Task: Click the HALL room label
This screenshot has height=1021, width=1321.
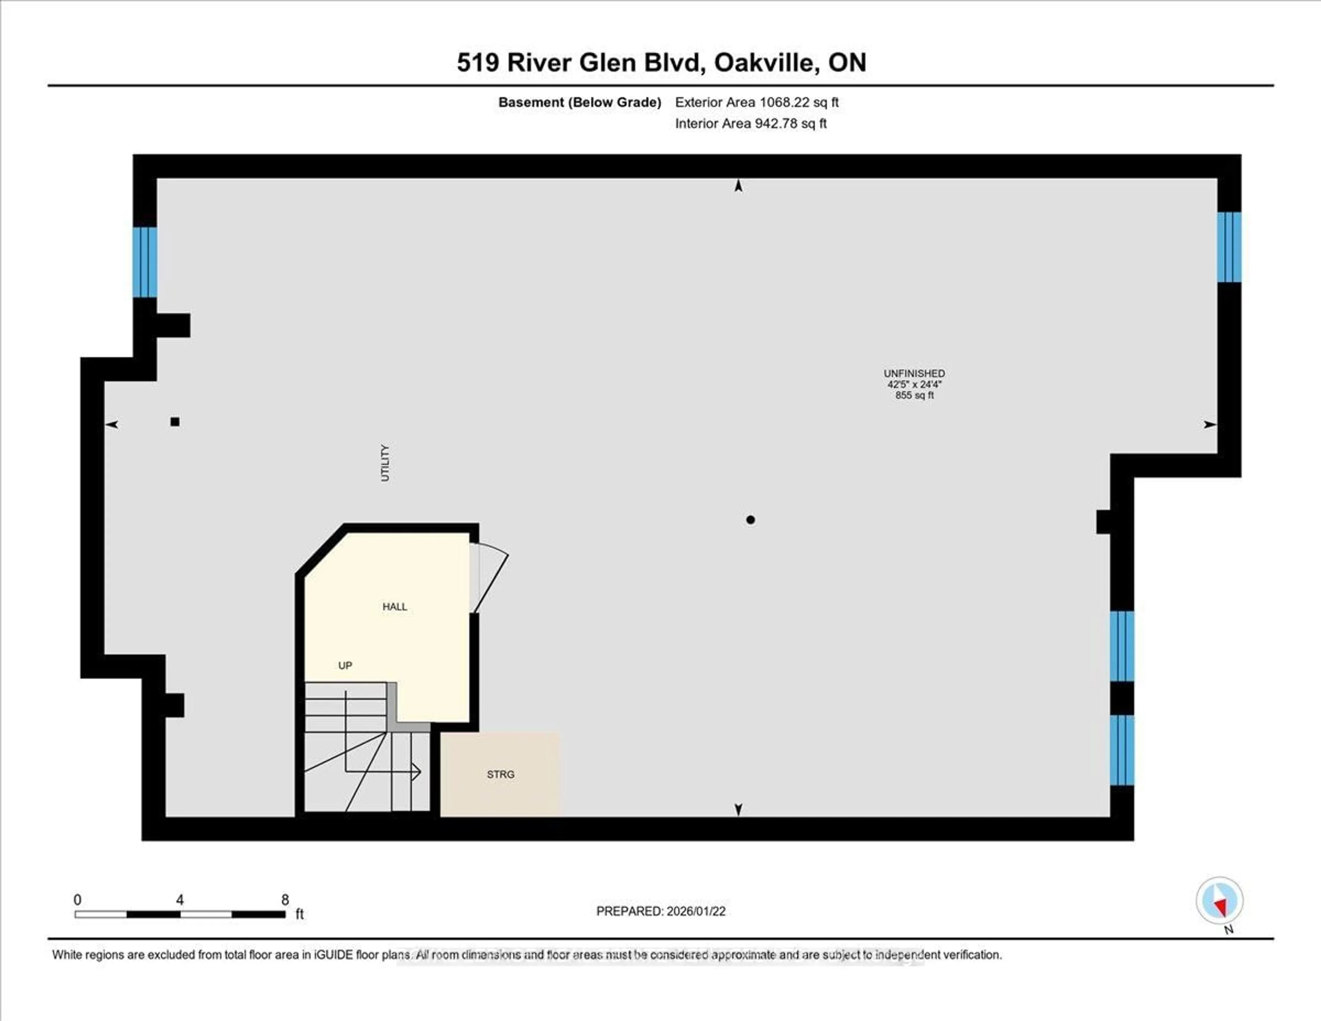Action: (394, 607)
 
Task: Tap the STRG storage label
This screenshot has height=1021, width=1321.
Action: (500, 774)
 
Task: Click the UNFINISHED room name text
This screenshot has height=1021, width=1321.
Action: (914, 373)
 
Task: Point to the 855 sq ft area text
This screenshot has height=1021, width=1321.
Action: (914, 395)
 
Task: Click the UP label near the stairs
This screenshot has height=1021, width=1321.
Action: (345, 665)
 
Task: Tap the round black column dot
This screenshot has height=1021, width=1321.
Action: (750, 519)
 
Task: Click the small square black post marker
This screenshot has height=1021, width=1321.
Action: (175, 422)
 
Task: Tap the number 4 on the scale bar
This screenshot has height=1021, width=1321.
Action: (180, 900)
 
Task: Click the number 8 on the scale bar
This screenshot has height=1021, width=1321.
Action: (285, 900)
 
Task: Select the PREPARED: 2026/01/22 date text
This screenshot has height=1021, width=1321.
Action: (660, 911)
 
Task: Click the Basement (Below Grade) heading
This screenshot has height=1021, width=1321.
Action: (579, 102)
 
